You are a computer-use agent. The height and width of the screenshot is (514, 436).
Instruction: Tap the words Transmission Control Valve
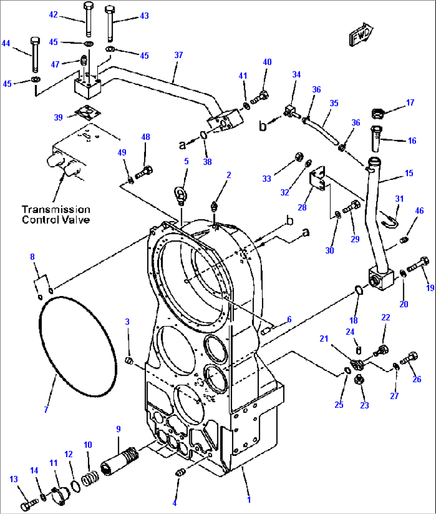(56, 215)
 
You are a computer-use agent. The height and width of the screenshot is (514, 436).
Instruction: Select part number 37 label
(178, 55)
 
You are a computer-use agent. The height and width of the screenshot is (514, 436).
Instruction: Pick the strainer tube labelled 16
(377, 139)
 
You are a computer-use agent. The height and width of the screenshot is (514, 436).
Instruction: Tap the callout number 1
(249, 500)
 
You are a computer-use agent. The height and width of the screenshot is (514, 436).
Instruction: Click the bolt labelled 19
(418, 265)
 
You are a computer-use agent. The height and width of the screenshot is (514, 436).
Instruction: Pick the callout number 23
(364, 405)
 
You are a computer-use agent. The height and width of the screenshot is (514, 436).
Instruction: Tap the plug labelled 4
(180, 473)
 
